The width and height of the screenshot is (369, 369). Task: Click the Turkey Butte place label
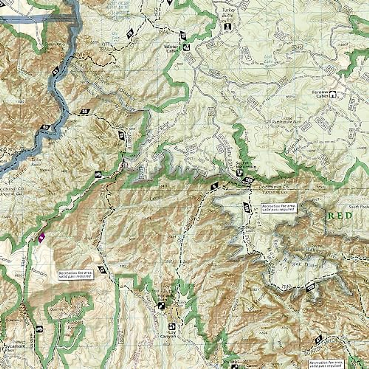pos(228,12)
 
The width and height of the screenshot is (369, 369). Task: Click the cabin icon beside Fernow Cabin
pos(332,94)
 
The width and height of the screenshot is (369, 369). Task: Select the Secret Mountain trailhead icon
pos(238,173)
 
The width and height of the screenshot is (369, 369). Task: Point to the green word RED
pos(340,216)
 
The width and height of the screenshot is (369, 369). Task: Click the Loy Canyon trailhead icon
pos(172,326)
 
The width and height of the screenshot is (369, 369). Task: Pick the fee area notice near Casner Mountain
pos(76,275)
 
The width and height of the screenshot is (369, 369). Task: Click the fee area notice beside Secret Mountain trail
pos(279,208)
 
